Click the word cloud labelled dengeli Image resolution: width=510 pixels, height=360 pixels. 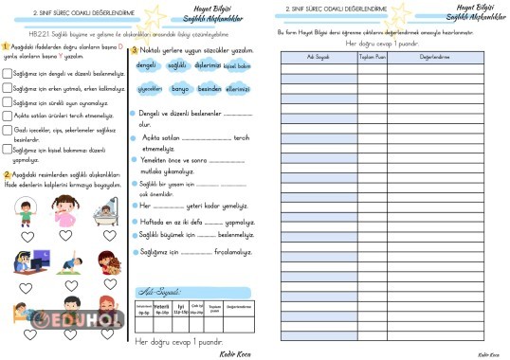[146, 66]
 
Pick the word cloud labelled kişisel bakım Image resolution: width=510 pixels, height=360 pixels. [237, 66]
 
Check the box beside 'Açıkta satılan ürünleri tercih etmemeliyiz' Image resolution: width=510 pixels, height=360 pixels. [8, 116]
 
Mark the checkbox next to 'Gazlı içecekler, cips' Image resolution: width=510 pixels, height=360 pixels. [8, 131]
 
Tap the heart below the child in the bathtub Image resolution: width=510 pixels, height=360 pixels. [105, 236]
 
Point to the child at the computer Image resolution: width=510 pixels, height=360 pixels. [28, 261]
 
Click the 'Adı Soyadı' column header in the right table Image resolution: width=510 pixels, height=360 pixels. [318, 56]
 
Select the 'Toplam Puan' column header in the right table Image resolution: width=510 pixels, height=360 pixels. [371, 56]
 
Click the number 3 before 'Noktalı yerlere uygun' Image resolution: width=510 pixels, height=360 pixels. [134, 50]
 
